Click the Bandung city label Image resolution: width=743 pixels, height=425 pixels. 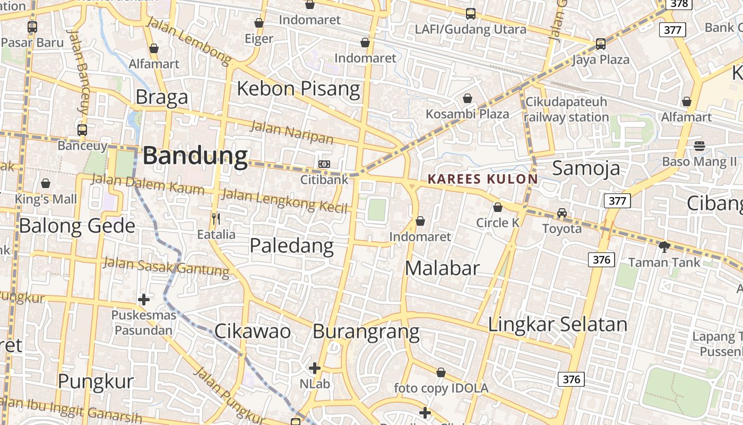[195, 156]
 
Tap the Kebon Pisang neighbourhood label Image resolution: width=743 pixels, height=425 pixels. [298, 88]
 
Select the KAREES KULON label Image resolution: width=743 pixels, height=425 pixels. [483, 179]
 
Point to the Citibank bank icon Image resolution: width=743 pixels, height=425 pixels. [324, 164]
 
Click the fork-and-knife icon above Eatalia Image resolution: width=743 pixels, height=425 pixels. [216, 218]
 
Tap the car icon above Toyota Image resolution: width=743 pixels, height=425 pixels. [561, 213]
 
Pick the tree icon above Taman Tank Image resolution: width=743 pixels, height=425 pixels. [664, 246]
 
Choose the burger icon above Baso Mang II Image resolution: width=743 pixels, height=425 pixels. [699, 146]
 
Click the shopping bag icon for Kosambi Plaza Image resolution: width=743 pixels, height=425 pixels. [468, 98]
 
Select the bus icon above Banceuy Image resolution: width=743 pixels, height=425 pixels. [82, 130]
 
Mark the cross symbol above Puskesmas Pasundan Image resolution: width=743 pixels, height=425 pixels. [143, 300]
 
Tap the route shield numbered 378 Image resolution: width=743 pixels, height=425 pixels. [679, 4]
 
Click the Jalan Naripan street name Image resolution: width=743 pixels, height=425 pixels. [291, 133]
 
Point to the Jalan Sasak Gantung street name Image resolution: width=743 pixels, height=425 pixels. [166, 267]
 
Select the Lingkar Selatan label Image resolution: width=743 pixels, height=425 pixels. [557, 324]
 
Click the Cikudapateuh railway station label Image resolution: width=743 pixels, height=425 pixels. [566, 109]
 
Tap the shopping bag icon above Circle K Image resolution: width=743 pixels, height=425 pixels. [498, 207]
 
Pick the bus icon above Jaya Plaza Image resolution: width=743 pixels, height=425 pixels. [601, 44]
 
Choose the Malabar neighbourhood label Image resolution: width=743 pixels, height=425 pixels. [442, 268]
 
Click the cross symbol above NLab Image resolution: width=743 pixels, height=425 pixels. [315, 368]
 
